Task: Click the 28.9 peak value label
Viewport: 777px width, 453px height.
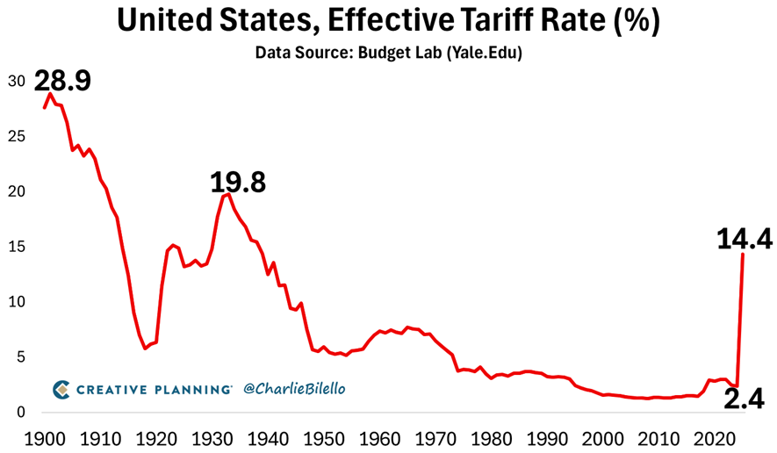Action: pyautogui.click(x=62, y=82)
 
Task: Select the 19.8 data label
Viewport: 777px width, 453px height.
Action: pyautogui.click(x=237, y=183)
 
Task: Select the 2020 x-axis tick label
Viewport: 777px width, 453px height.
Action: pyautogui.click(x=715, y=437)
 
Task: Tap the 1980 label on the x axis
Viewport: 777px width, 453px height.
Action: pyautogui.click(x=492, y=437)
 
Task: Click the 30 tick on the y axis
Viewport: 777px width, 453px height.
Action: pyautogui.click(x=16, y=81)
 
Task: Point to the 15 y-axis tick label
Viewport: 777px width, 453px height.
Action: pyautogui.click(x=16, y=247)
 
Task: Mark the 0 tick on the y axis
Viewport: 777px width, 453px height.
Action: pyautogui.click(x=20, y=413)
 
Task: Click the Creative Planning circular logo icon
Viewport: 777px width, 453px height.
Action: pyautogui.click(x=61, y=388)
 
